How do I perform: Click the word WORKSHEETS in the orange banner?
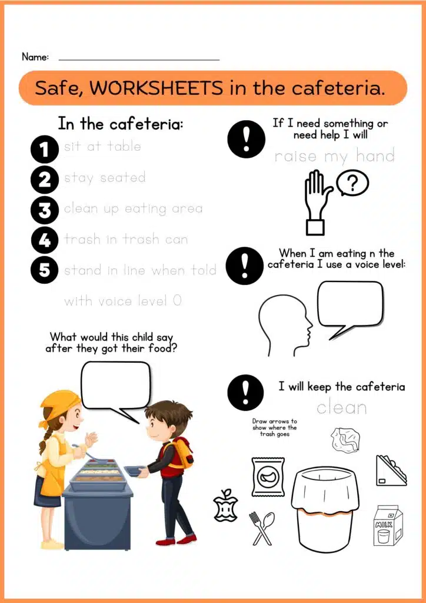(157, 88)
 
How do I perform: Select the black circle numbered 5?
(45, 270)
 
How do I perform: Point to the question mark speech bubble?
(352, 184)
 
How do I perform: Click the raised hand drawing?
(318, 202)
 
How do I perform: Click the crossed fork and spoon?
(262, 528)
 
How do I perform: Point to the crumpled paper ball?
(346, 439)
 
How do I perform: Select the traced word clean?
(341, 407)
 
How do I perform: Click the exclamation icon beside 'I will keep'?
(246, 393)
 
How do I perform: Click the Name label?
(35, 57)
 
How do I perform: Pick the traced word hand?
(375, 155)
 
